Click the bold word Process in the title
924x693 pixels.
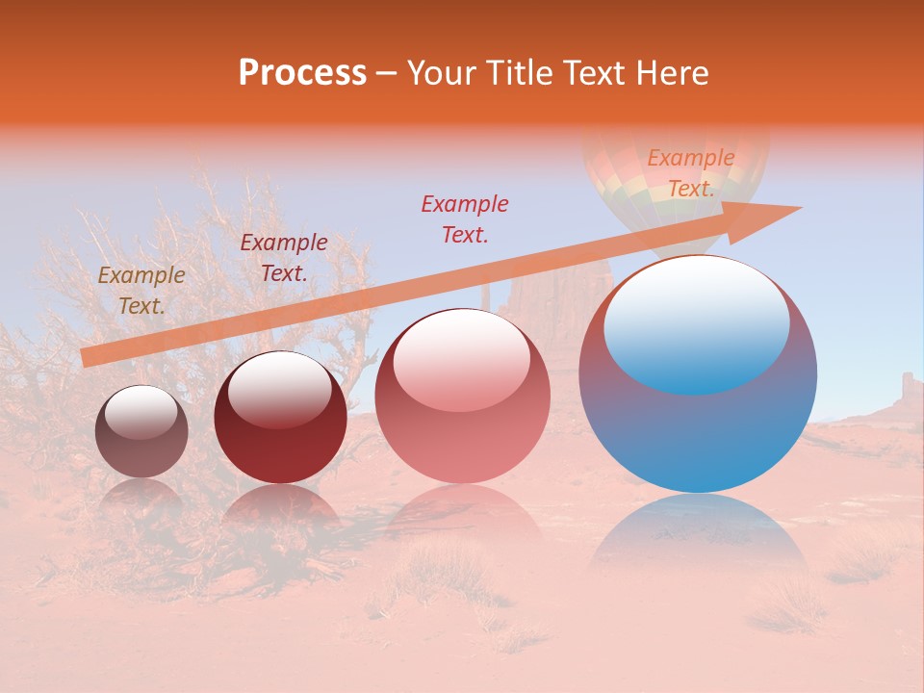tap(302, 73)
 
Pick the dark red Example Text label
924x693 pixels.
tap(284, 258)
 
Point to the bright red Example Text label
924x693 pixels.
tap(465, 219)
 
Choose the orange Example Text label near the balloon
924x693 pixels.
tap(691, 173)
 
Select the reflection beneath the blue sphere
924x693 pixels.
tap(698, 539)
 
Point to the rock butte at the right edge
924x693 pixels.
tap(907, 390)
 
